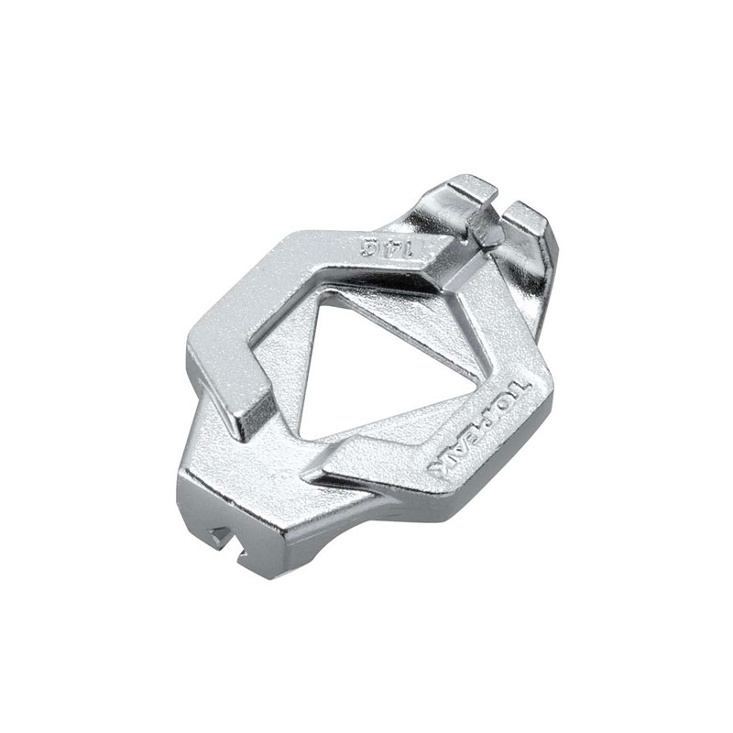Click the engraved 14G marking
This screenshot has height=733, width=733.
(x=388, y=247)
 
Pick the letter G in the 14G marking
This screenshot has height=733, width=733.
(x=370, y=246)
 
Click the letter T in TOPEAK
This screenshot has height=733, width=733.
(x=522, y=383)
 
